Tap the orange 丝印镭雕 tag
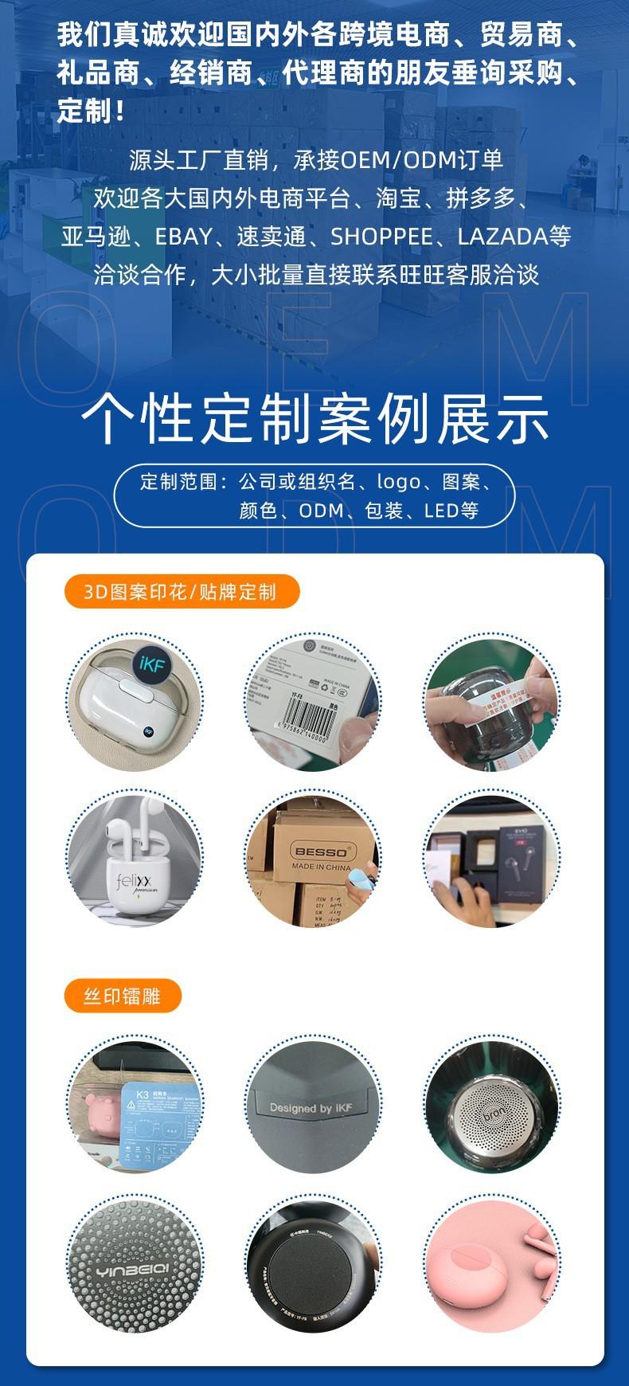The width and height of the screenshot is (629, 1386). pos(123,996)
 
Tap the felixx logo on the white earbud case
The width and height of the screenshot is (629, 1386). pos(138,883)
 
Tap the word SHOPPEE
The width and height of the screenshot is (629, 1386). pos(381,237)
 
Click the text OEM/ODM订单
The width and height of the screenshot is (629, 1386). pos(422,160)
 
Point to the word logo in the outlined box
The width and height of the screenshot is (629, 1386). pos(397,482)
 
